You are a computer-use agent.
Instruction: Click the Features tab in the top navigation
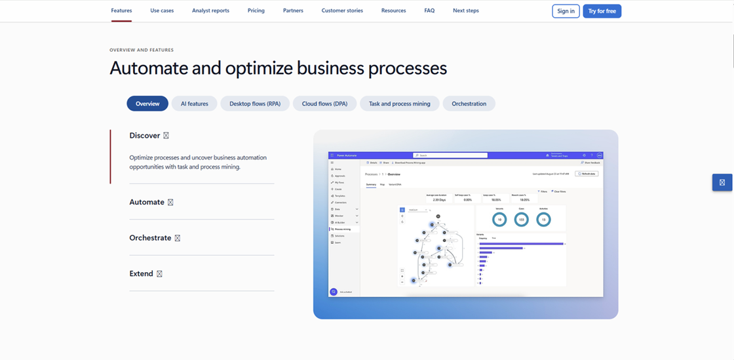(x=121, y=10)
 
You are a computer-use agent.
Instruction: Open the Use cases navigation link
(x=162, y=10)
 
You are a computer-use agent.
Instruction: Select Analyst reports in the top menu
(x=210, y=10)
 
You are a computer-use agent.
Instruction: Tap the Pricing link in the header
(x=256, y=10)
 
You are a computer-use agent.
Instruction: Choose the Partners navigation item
(x=293, y=10)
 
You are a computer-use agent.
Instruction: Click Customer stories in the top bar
(x=342, y=10)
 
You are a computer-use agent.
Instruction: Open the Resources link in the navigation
(x=393, y=10)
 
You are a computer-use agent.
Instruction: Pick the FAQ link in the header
(x=429, y=10)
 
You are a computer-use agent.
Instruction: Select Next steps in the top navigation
(x=466, y=10)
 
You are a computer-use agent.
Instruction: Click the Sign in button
(x=566, y=11)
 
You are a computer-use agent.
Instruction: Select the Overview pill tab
(x=147, y=104)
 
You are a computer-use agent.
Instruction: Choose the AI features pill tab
(x=195, y=104)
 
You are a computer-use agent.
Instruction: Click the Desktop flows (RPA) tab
(x=255, y=104)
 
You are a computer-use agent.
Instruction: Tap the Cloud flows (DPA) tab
(x=325, y=104)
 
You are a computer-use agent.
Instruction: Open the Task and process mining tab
(x=399, y=104)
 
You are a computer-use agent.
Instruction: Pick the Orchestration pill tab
(x=469, y=104)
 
